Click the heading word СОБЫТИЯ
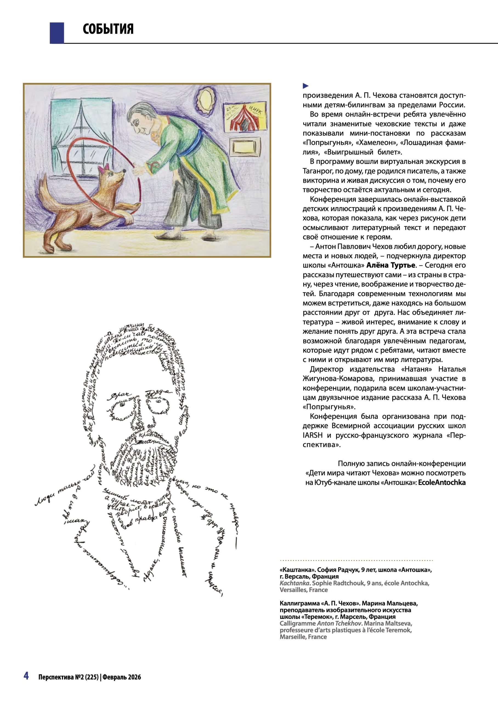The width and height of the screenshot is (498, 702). click(108, 29)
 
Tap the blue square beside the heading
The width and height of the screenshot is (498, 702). click(57, 33)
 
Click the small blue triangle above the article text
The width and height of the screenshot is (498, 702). click(305, 86)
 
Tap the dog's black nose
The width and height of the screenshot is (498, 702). click(124, 170)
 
